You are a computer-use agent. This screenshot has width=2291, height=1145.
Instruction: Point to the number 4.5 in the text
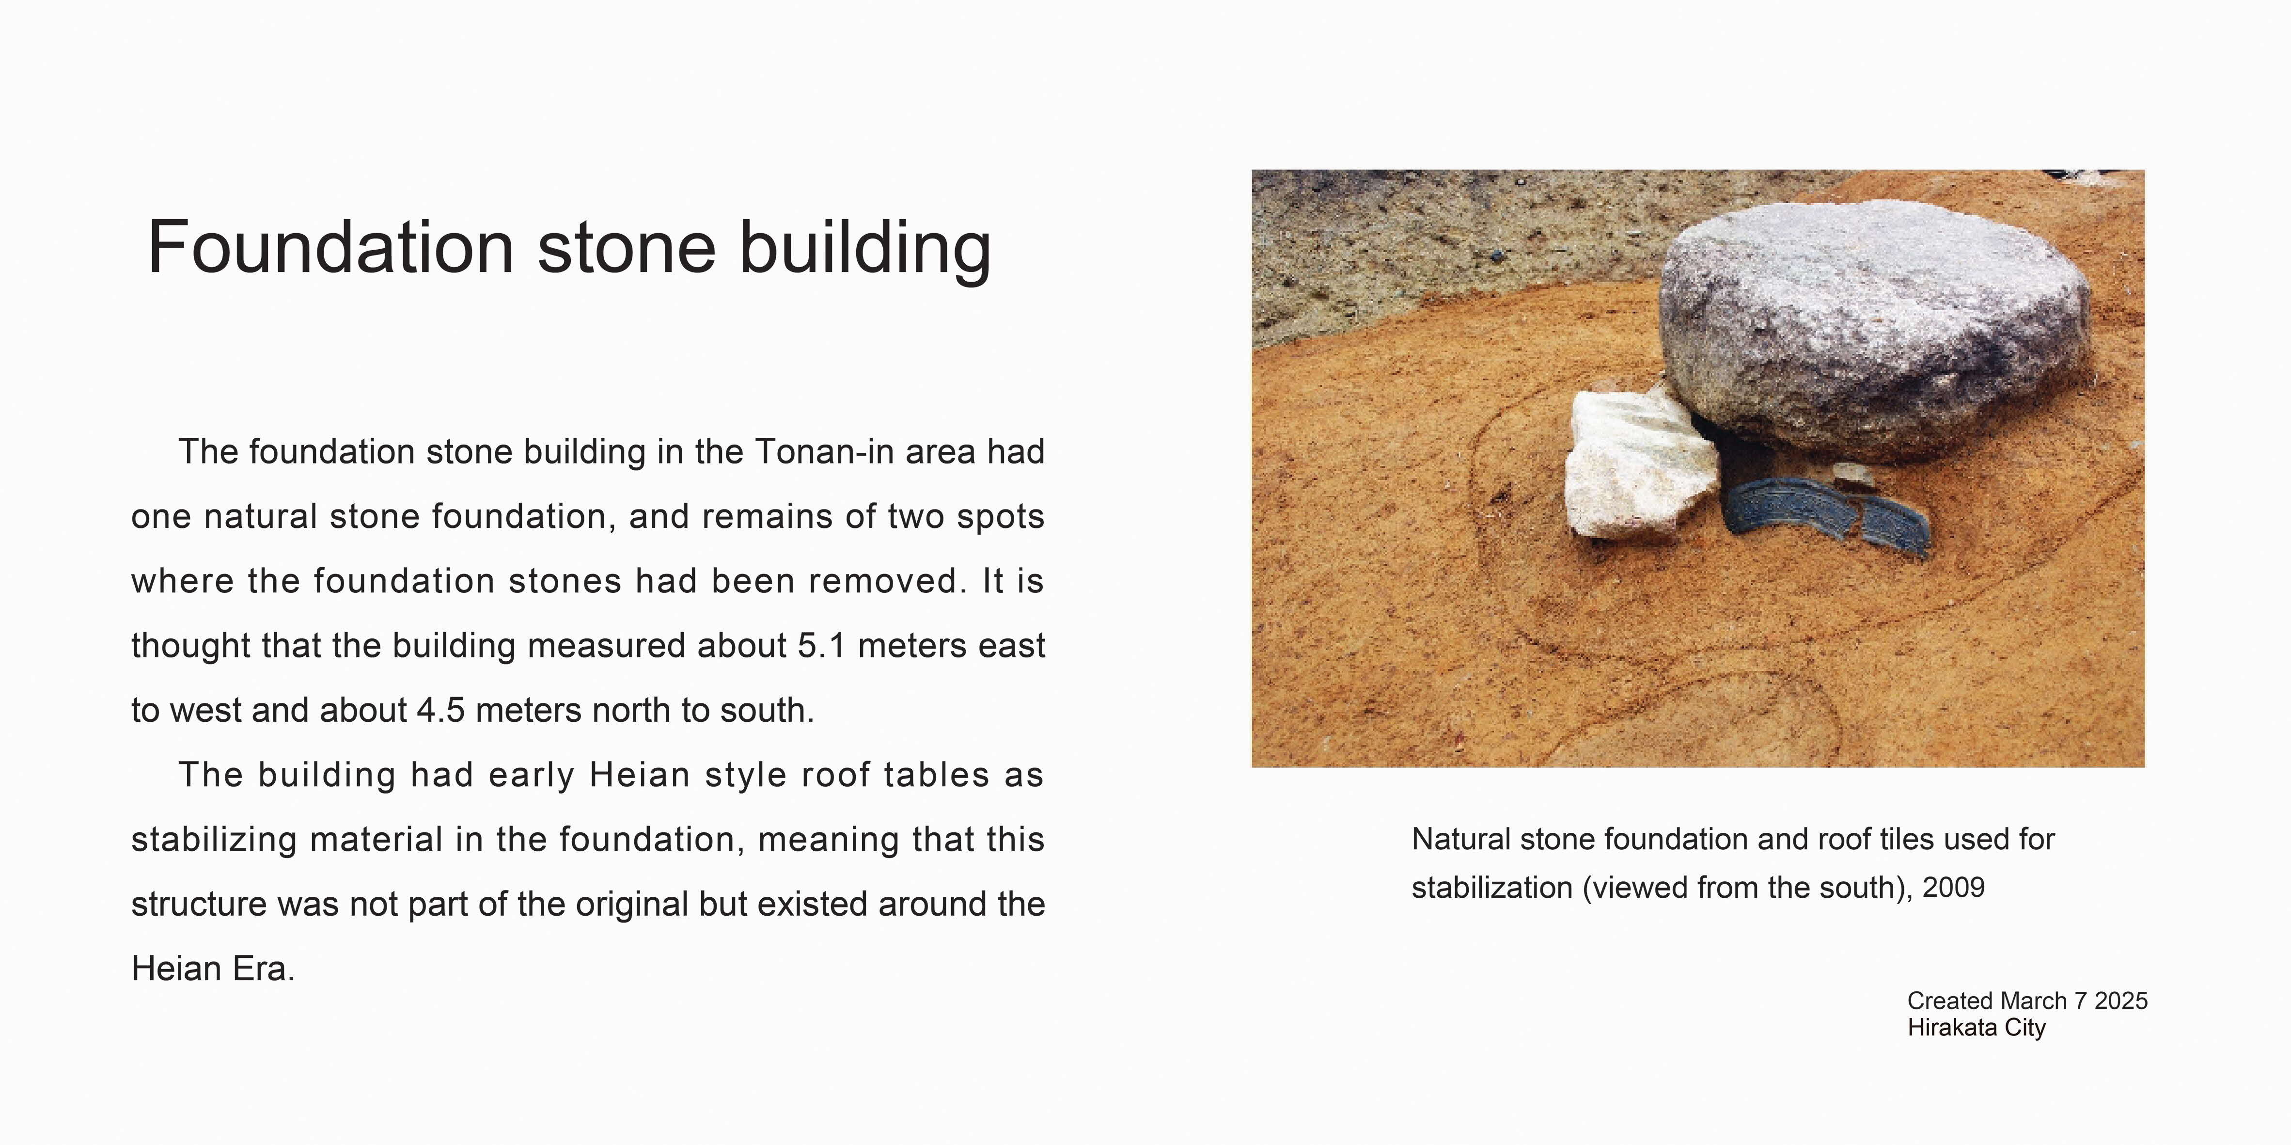tap(440, 710)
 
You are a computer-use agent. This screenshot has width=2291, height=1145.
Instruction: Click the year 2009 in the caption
tap(1954, 888)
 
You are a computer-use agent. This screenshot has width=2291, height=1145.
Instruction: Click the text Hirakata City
tap(1976, 1028)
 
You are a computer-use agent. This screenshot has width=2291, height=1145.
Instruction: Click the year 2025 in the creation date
tap(2121, 1001)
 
